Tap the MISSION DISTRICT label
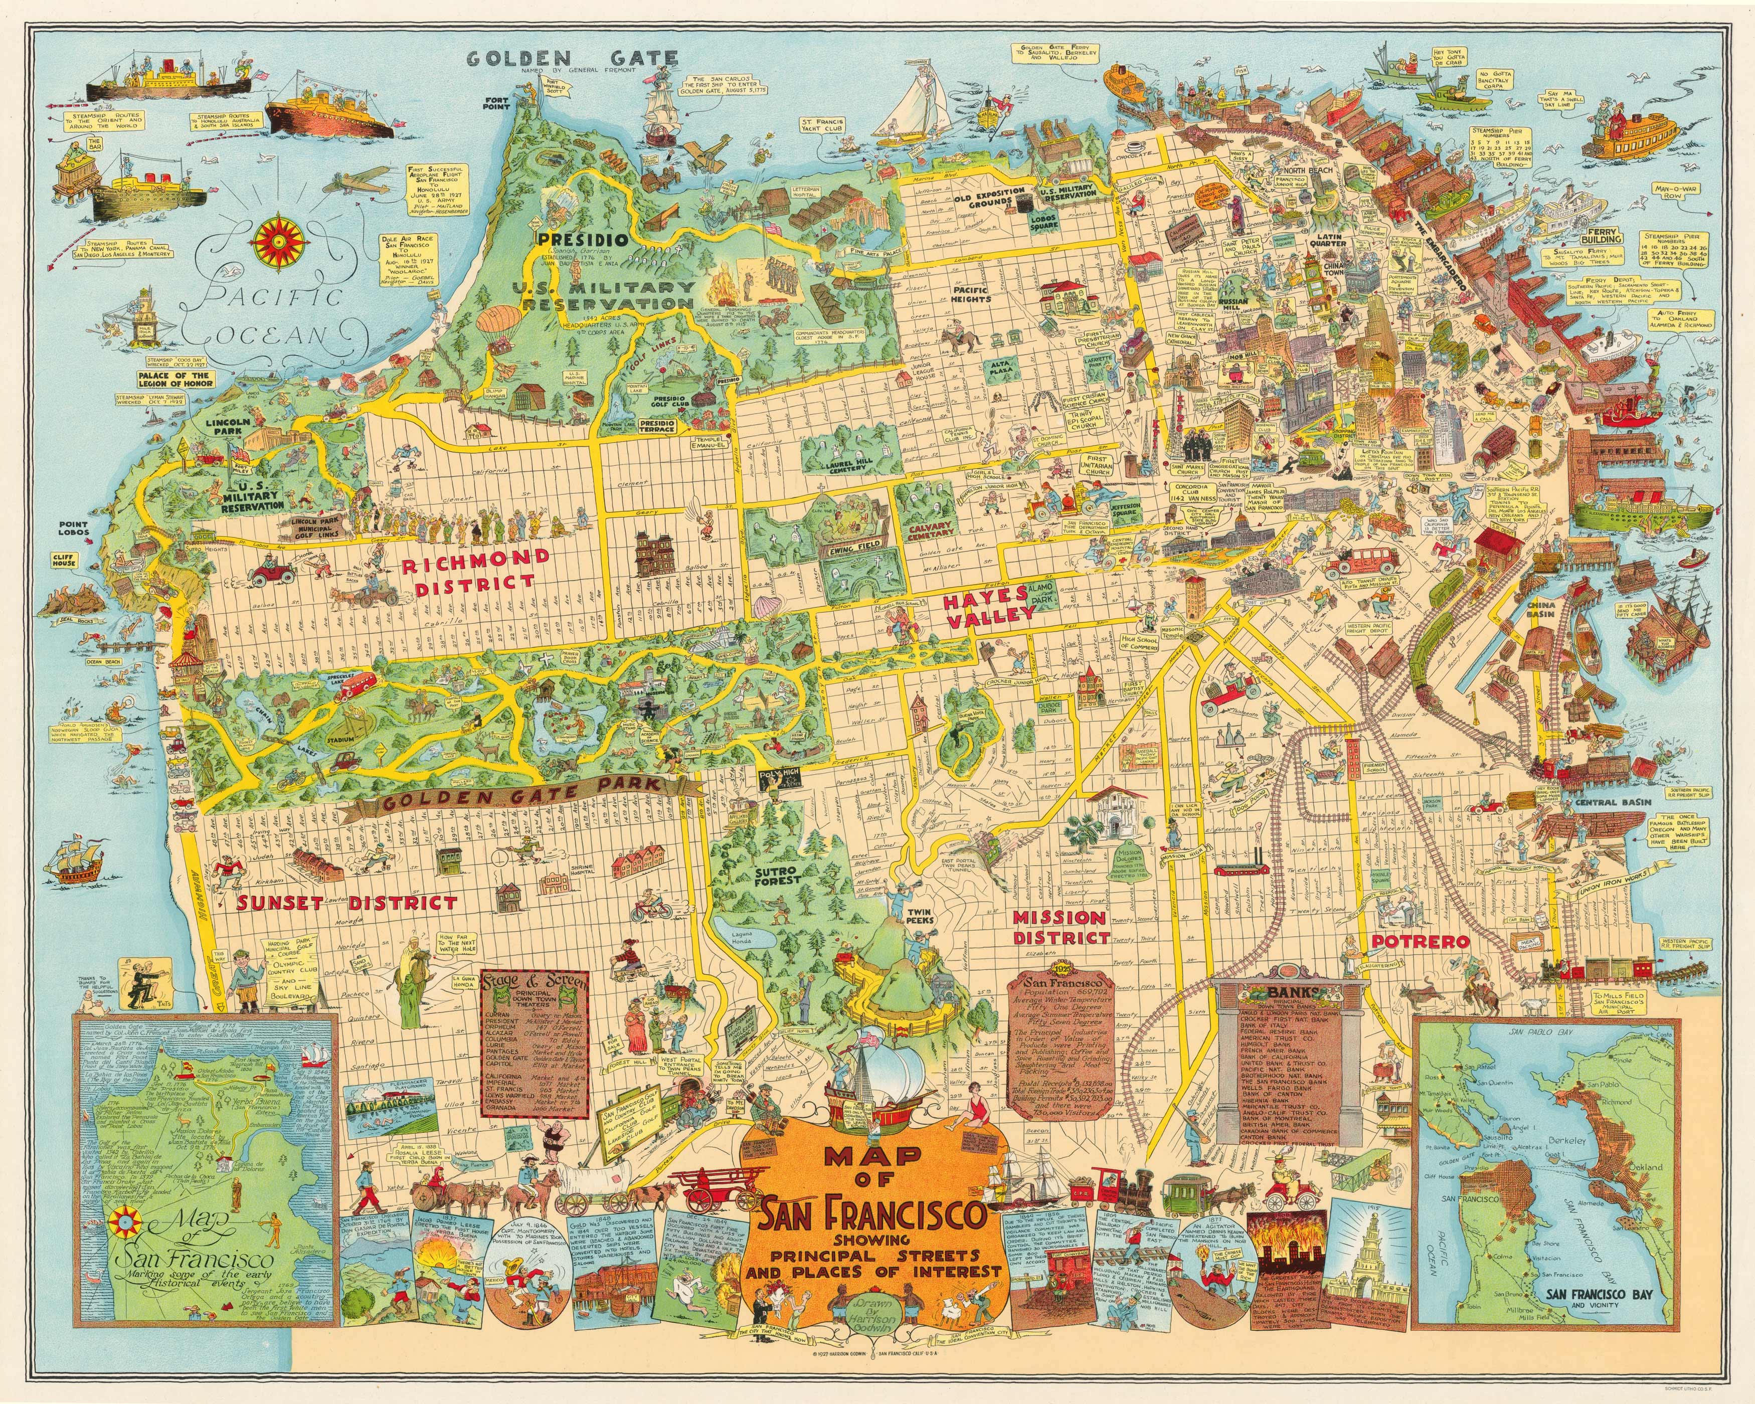(1062, 926)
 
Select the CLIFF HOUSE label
(64, 561)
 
